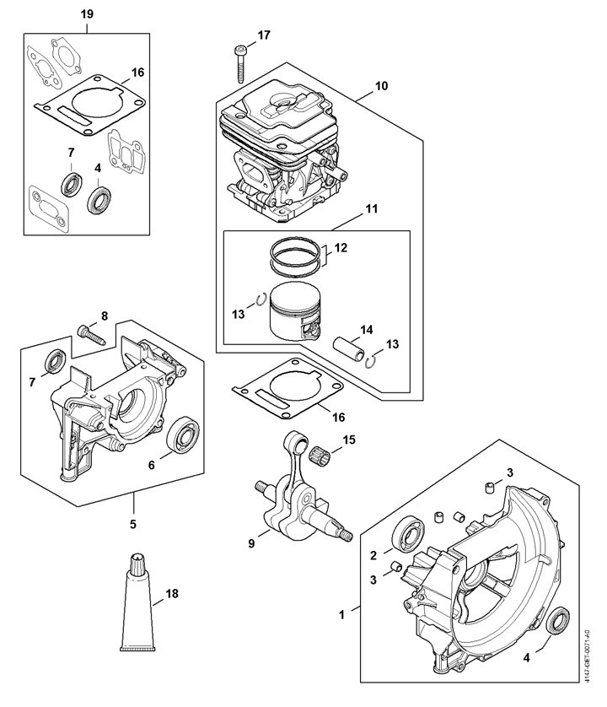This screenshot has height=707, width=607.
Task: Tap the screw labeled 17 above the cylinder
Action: click(239, 63)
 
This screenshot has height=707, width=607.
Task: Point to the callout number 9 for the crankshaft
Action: click(251, 544)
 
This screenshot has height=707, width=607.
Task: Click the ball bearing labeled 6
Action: click(183, 434)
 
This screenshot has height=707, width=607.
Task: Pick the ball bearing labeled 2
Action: click(409, 535)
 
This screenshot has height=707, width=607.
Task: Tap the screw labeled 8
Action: click(91, 336)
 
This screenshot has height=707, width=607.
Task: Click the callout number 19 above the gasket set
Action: click(87, 14)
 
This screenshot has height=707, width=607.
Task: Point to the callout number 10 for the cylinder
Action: click(381, 86)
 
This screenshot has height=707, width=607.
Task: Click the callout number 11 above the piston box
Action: click(371, 208)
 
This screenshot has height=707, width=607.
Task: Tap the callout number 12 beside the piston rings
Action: click(341, 247)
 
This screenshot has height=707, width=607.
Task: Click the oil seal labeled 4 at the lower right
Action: click(558, 621)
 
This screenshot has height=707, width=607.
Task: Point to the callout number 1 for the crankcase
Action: click(341, 614)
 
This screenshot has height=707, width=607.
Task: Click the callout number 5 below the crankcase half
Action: click(133, 524)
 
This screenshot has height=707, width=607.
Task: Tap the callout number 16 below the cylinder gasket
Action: click(338, 417)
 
